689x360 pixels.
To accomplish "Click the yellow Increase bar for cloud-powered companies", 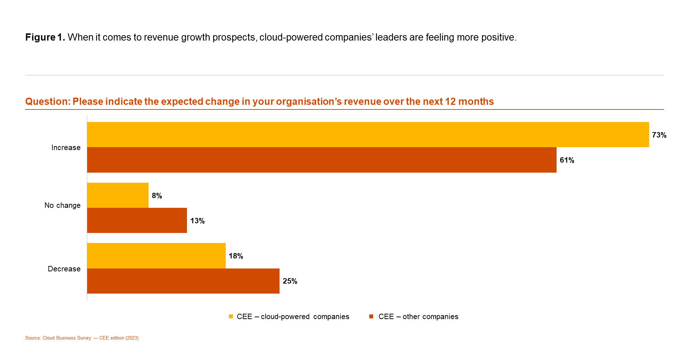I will [368, 135].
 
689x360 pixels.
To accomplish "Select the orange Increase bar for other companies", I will [322, 160].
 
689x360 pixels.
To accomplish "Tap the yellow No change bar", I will [118, 195].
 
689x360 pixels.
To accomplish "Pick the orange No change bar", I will [137, 220].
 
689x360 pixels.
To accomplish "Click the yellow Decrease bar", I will [156, 256].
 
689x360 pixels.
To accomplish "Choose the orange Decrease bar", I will [183, 281].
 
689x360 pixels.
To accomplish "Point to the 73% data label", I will [659, 135].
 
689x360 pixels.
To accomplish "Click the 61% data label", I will [567, 160].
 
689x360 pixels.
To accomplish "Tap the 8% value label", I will [157, 196].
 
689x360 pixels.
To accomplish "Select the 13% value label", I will [197, 221].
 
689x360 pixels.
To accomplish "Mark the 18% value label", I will [236, 256].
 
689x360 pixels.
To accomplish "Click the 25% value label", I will [290, 281].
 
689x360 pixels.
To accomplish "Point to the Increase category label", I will [66, 148].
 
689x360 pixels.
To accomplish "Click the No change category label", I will [62, 205].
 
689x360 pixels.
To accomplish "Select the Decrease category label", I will [64, 269].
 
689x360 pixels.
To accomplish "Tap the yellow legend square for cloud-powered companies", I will [231, 317].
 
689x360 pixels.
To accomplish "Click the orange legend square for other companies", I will [371, 317].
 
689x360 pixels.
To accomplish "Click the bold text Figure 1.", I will [45, 37].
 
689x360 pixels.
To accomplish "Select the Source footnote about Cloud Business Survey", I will [82, 338].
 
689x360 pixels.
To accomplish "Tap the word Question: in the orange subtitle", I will [48, 102].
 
